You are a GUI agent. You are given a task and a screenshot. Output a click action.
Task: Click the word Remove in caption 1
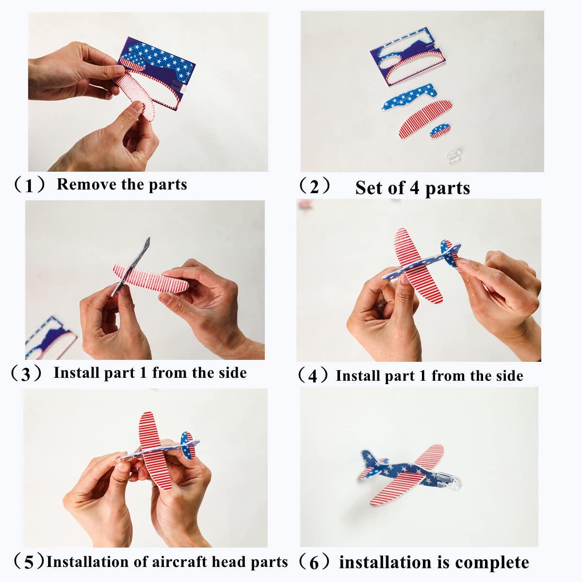[87, 184]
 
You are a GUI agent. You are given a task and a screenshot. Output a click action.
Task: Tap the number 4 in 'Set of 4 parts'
[414, 188]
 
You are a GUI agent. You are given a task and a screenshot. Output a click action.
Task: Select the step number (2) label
[314, 186]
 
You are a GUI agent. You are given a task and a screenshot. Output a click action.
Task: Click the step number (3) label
[26, 374]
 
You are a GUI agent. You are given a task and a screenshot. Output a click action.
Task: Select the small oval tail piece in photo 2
[440, 131]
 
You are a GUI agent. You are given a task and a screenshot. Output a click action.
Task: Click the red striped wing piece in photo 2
[425, 119]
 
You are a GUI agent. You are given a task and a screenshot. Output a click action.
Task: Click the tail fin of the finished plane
[370, 465]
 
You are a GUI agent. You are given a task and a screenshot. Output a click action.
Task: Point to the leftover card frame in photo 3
[50, 338]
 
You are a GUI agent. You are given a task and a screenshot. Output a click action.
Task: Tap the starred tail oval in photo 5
[188, 446]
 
